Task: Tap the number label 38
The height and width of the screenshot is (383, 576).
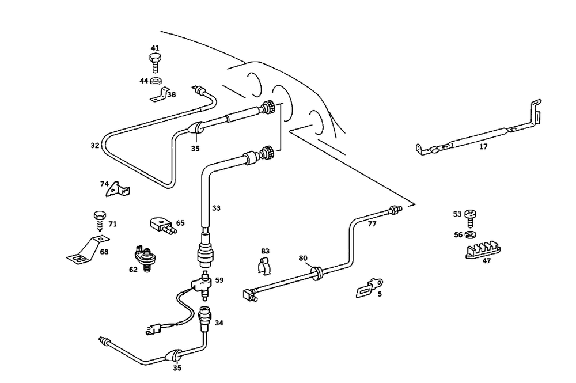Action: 172,94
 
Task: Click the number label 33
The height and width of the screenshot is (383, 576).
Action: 216,208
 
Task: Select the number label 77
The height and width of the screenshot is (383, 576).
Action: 372,224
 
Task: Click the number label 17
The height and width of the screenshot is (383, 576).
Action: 483,147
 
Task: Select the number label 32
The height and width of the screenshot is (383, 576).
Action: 95,146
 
